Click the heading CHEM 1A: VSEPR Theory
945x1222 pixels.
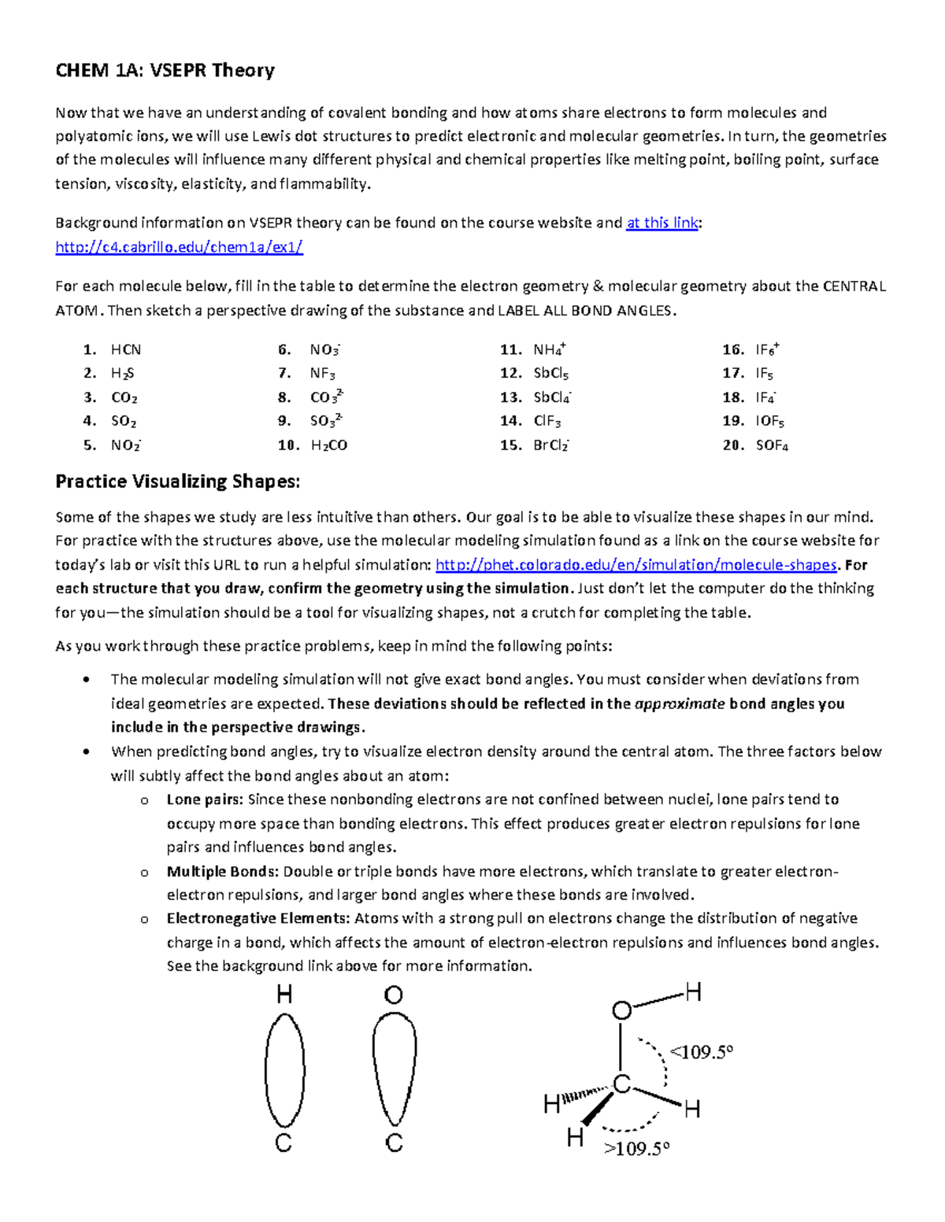pos(165,71)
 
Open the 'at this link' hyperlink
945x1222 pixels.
pos(661,223)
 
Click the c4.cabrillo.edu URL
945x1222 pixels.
pos(179,247)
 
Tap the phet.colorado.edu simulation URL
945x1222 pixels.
pos(636,565)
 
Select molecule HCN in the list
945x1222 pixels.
pos(126,350)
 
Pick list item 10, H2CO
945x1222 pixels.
pos(328,445)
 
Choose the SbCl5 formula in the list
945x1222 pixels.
pos(550,374)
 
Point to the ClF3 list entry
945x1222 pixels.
pos(547,422)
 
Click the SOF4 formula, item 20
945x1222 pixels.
pos(772,445)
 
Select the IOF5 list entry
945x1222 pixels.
pos(769,422)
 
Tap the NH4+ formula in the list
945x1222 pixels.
pos(550,350)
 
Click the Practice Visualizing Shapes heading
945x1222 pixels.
pos(177,482)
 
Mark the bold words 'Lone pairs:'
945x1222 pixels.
pos(205,799)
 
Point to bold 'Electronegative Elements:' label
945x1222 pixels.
pos(258,918)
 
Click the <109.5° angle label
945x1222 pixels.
pos(701,1052)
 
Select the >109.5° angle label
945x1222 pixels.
pos(636,1149)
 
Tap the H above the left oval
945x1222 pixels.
pos(284,995)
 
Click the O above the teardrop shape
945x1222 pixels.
pos(394,995)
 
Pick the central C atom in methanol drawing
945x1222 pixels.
pos(621,1084)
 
